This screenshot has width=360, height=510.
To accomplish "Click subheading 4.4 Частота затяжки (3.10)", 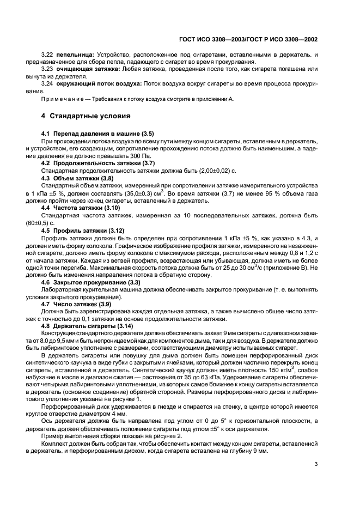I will coord(80,208).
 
